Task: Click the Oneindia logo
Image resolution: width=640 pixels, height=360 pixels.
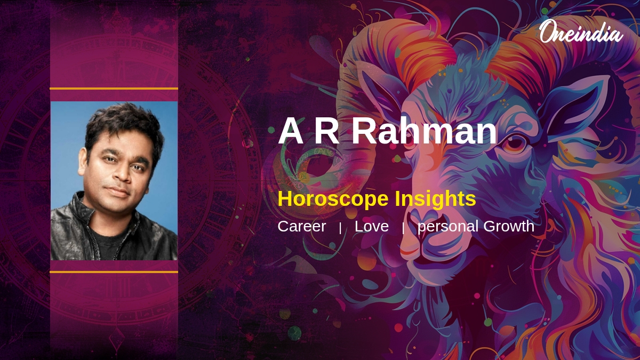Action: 580,32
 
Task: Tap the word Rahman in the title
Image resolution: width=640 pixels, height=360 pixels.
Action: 424,131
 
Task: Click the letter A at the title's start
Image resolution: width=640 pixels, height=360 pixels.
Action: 290,131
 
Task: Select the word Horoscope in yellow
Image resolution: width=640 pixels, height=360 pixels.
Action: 333,199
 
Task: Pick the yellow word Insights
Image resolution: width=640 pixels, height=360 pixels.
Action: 435,199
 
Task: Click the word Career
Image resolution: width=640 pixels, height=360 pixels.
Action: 301,226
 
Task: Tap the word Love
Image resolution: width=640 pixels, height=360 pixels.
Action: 371,226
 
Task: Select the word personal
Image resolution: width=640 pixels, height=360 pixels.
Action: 447,227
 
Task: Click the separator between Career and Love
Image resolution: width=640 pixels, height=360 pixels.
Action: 340,228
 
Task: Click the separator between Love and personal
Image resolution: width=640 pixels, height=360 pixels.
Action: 403,228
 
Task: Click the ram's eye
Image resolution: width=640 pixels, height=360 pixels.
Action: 515,143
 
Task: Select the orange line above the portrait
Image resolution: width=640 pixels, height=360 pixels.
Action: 114,89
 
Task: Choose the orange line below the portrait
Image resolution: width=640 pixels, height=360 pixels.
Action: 114,272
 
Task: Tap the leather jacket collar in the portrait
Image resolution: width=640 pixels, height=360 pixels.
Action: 80,213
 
